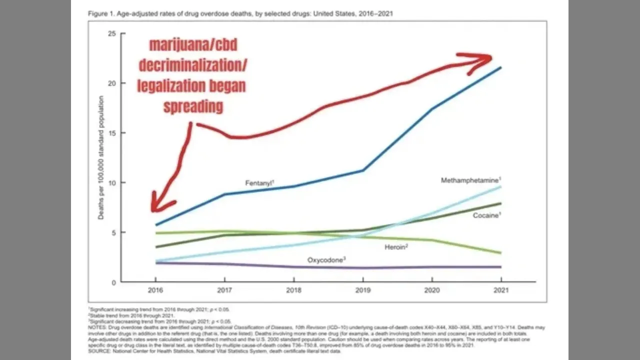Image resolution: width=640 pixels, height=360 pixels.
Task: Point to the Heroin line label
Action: pyautogui.click(x=396, y=247)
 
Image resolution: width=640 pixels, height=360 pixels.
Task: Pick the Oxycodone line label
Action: pyautogui.click(x=326, y=259)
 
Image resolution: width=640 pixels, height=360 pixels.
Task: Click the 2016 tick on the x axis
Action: pyautogui.click(x=155, y=290)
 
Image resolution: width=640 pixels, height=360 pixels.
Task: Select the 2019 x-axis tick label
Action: pyautogui.click(x=363, y=290)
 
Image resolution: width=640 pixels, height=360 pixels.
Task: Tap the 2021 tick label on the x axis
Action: pyautogui.click(x=501, y=290)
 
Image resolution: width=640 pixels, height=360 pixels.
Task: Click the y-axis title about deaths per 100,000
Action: pyautogui.click(x=101, y=157)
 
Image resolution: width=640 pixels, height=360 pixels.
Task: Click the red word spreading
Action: pyautogui.click(x=192, y=106)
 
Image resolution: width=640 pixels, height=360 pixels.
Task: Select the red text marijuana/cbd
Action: pyautogui.click(x=193, y=45)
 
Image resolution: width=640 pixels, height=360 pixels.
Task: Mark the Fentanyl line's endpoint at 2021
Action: pyautogui.click(x=501, y=67)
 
